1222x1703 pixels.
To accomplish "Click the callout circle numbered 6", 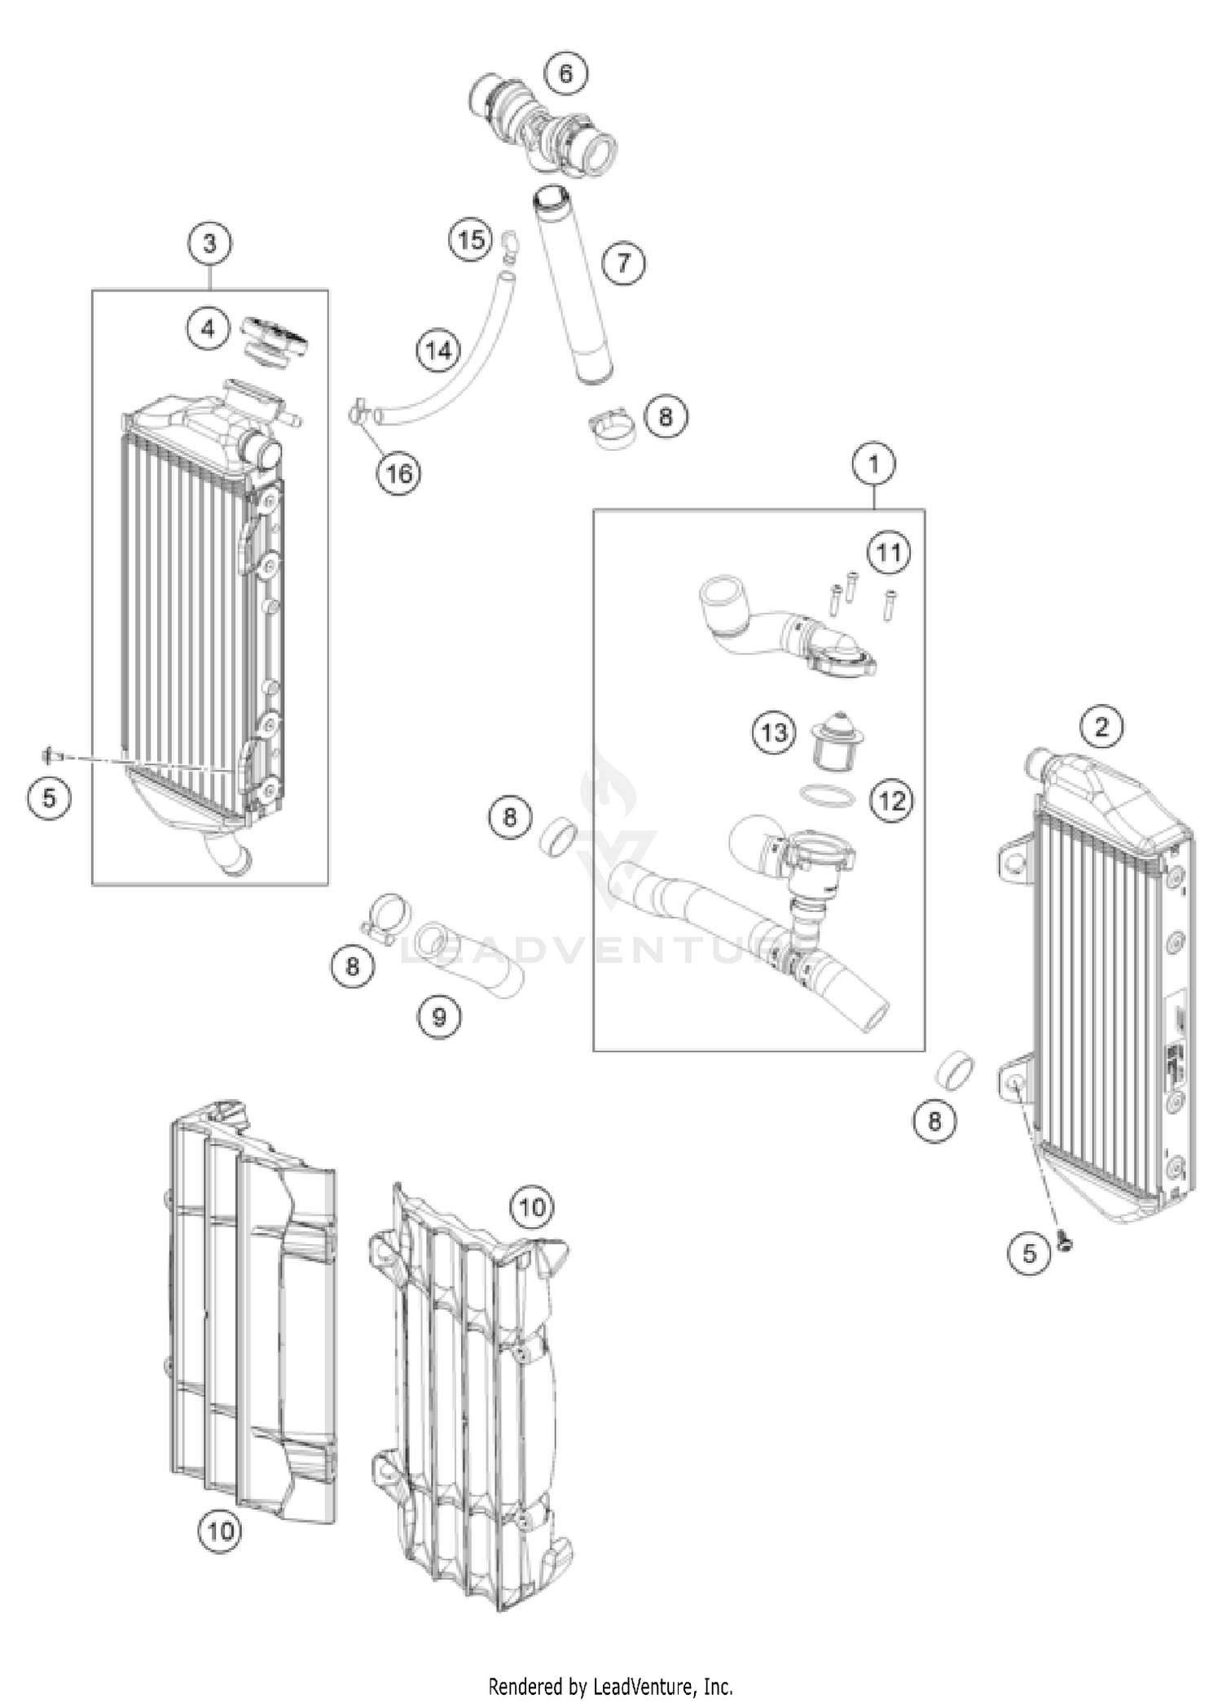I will tap(565, 73).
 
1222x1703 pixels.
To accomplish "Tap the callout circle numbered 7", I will tap(623, 262).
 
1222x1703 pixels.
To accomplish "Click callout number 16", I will tap(399, 473).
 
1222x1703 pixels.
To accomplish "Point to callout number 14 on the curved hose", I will tap(438, 351).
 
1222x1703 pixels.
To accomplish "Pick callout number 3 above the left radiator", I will tap(210, 244).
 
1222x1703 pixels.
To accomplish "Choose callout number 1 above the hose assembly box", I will tap(874, 465).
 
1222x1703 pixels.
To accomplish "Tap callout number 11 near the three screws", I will tap(889, 552).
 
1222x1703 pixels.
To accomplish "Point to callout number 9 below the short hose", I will tap(439, 1016).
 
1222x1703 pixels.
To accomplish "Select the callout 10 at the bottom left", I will tap(221, 1530).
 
